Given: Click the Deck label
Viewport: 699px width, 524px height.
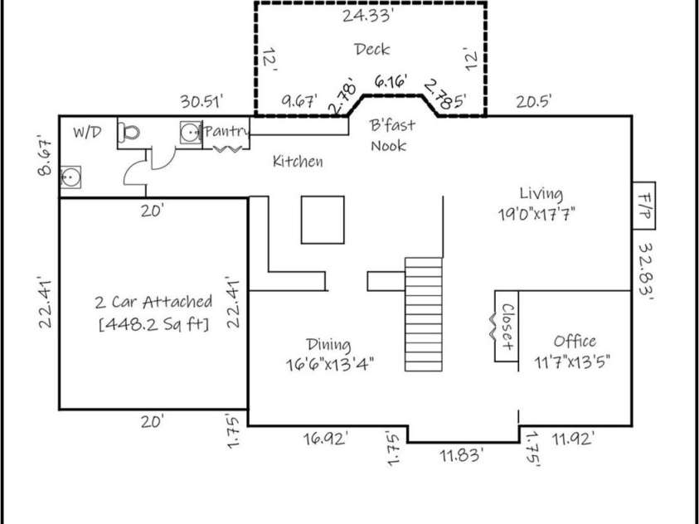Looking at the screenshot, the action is pyautogui.click(x=371, y=49).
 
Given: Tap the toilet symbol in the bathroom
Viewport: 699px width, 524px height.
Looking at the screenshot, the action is pyautogui.click(x=129, y=133).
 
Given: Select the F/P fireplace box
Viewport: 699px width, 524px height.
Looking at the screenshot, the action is pyautogui.click(x=643, y=206).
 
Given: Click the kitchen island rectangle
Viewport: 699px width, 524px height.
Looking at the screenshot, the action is pyautogui.click(x=323, y=220).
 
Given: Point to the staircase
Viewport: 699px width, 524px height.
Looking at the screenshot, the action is pyautogui.click(x=424, y=314).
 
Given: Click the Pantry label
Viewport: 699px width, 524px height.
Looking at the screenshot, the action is pyautogui.click(x=226, y=132).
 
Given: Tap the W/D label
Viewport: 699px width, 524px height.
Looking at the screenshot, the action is pyautogui.click(x=87, y=133).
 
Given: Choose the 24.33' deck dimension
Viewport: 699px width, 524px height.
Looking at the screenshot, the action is pyautogui.click(x=367, y=16).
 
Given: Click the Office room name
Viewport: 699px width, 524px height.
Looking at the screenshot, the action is pyautogui.click(x=575, y=342).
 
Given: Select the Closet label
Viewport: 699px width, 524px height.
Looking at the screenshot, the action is pyautogui.click(x=507, y=327).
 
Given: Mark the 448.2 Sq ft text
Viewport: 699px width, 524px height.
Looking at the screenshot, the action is pyautogui.click(x=153, y=324).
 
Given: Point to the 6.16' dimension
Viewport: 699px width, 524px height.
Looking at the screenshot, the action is pyautogui.click(x=391, y=82).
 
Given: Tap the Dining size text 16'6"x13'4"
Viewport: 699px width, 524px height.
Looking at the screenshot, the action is pyautogui.click(x=329, y=364).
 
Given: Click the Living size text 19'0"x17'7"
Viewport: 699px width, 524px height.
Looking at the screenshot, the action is pyautogui.click(x=536, y=214).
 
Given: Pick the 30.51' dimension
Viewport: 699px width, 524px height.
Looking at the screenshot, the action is pyautogui.click(x=201, y=101).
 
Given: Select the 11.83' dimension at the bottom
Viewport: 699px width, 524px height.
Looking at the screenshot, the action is pyautogui.click(x=462, y=456).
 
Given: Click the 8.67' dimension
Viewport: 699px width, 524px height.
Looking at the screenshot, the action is pyautogui.click(x=46, y=158).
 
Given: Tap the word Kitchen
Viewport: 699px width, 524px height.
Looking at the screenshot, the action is pyautogui.click(x=298, y=161).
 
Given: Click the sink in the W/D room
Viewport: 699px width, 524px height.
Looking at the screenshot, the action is pyautogui.click(x=70, y=177).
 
